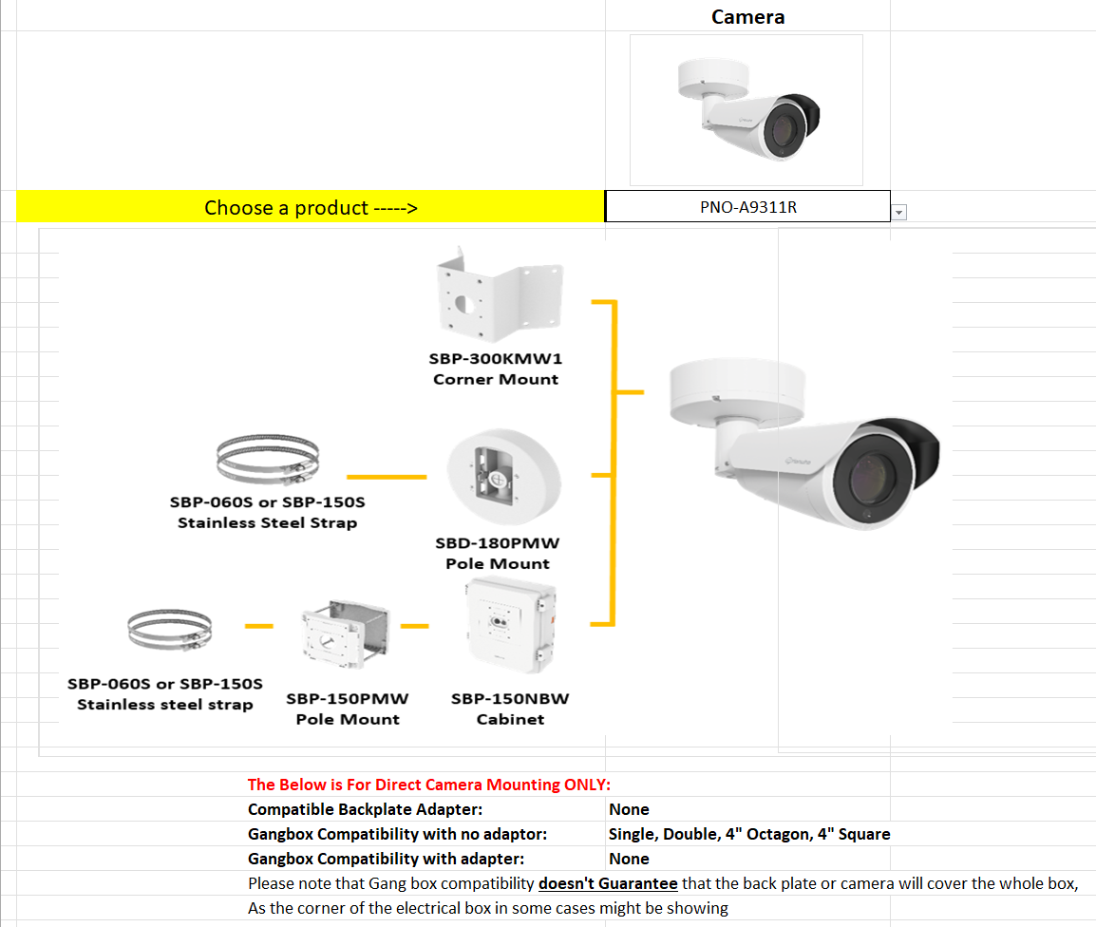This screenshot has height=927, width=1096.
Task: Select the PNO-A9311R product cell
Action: tap(747, 207)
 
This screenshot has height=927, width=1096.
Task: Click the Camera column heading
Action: tap(747, 16)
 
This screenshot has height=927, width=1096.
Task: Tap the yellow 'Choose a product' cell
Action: tap(311, 207)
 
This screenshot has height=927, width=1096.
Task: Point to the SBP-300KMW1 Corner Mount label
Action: tap(496, 369)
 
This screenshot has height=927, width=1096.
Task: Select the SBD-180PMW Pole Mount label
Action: tap(498, 554)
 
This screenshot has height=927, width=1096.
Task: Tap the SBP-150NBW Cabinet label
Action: tap(510, 709)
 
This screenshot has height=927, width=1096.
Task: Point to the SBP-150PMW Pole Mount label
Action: tap(348, 709)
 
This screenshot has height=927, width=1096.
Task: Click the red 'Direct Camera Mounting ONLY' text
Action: tap(429, 785)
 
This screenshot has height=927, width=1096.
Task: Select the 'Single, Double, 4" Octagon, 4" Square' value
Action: tap(749, 834)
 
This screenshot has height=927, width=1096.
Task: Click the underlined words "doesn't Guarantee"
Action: tap(608, 883)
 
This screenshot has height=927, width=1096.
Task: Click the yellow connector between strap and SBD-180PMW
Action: tap(386, 476)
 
